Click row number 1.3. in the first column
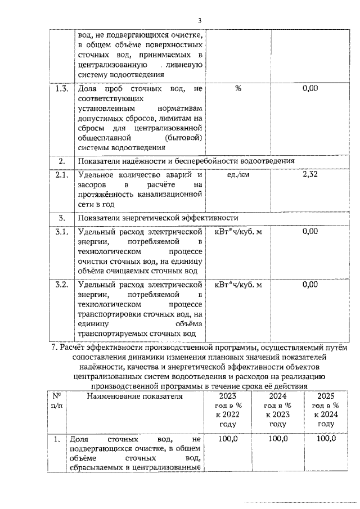click(60, 88)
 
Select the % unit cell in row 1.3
click(238, 88)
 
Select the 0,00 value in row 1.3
click(310, 88)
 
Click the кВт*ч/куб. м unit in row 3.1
click(238, 232)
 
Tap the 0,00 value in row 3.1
click(310, 232)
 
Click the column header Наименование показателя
click(134, 397)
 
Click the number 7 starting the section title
click(52, 346)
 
